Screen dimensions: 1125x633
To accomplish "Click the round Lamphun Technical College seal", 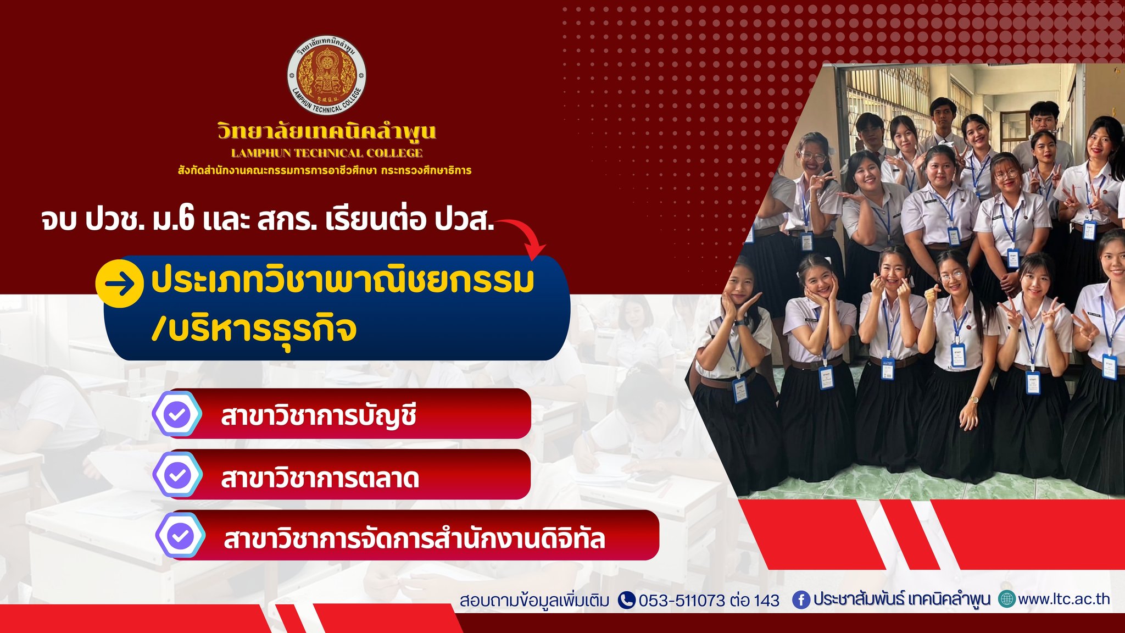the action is (x=327, y=76).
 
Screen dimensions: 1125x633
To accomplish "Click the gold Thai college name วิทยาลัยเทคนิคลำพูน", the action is (x=327, y=132).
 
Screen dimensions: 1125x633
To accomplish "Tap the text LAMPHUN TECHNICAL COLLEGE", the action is (x=327, y=153).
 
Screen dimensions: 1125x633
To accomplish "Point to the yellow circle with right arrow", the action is (x=120, y=284).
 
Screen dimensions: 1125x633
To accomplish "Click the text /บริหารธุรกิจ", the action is (x=254, y=329).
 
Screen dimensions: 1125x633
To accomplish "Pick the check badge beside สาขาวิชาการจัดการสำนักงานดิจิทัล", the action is (x=180, y=535).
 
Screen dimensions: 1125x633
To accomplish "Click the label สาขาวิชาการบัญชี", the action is (x=319, y=415).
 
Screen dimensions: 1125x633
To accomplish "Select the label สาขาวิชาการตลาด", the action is (x=320, y=477).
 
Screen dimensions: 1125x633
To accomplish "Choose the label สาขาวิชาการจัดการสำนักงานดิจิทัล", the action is (x=415, y=538).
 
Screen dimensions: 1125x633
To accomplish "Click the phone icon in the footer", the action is (x=627, y=600).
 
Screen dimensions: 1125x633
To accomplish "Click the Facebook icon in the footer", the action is (x=801, y=600).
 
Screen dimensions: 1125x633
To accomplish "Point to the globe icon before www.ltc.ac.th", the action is (x=1007, y=599).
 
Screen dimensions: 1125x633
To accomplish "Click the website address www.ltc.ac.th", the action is (x=1064, y=599).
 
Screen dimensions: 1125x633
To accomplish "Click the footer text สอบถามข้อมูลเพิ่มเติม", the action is (x=534, y=601).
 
